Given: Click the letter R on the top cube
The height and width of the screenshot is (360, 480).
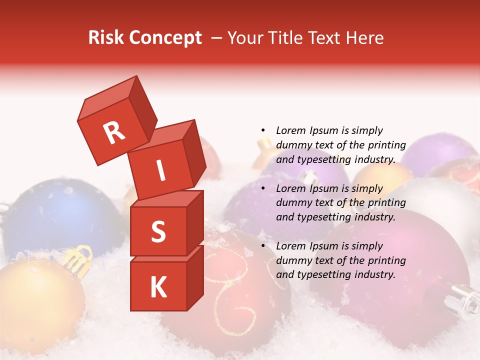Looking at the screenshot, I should [x=114, y=132].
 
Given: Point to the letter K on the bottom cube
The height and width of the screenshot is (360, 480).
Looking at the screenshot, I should [x=158, y=287].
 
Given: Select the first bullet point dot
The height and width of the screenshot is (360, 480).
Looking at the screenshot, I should [x=262, y=130].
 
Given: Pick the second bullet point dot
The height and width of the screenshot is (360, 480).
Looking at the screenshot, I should [x=262, y=188].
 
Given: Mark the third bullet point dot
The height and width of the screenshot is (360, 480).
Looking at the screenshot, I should [x=262, y=246].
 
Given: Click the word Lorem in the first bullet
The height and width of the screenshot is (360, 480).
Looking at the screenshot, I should [x=291, y=130].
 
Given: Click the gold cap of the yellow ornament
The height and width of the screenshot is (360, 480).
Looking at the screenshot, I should [x=78, y=257].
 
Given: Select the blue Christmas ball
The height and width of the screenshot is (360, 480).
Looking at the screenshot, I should [x=55, y=215].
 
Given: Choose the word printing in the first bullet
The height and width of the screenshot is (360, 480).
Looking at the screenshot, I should [x=386, y=145].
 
